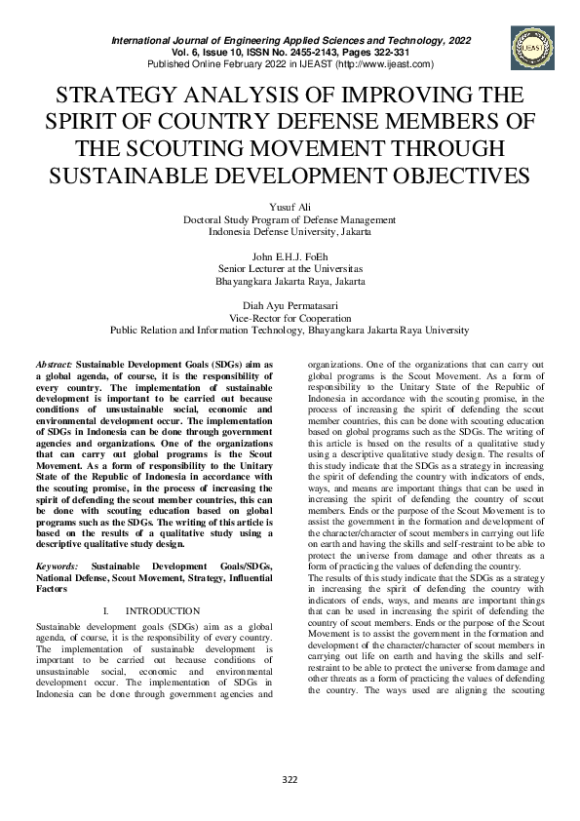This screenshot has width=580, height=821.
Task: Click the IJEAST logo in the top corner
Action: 529,47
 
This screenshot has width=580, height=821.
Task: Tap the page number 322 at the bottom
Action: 290,778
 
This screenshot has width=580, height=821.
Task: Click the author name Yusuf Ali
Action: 290,208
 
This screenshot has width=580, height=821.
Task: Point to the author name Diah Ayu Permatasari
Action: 290,304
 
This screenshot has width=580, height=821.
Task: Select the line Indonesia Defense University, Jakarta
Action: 290,232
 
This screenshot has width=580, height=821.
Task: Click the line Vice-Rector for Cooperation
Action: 290,317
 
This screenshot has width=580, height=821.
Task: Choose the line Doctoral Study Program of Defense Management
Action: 290,220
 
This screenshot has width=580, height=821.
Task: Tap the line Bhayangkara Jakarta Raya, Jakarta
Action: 290,280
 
